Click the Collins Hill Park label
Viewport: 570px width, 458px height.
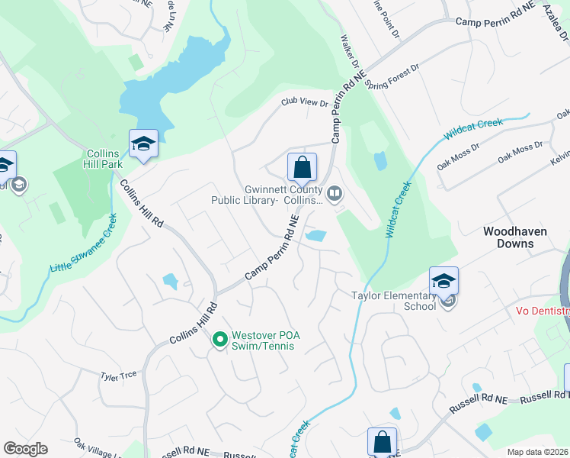coord(102,160)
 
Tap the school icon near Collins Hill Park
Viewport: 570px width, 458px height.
coord(143,145)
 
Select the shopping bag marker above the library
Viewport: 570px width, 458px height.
coord(303,167)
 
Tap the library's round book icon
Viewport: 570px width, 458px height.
coord(334,195)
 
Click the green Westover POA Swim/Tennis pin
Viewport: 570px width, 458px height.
coord(220,339)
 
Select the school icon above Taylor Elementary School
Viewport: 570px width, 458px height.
coord(444,281)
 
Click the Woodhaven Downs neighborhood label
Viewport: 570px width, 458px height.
coord(518,237)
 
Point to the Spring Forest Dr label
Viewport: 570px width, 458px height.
coord(392,79)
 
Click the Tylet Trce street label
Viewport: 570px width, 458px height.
coord(119,375)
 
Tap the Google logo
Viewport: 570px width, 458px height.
coord(25,449)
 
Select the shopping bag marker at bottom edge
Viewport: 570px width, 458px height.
coord(382,442)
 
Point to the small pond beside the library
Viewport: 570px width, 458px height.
coord(315,237)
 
